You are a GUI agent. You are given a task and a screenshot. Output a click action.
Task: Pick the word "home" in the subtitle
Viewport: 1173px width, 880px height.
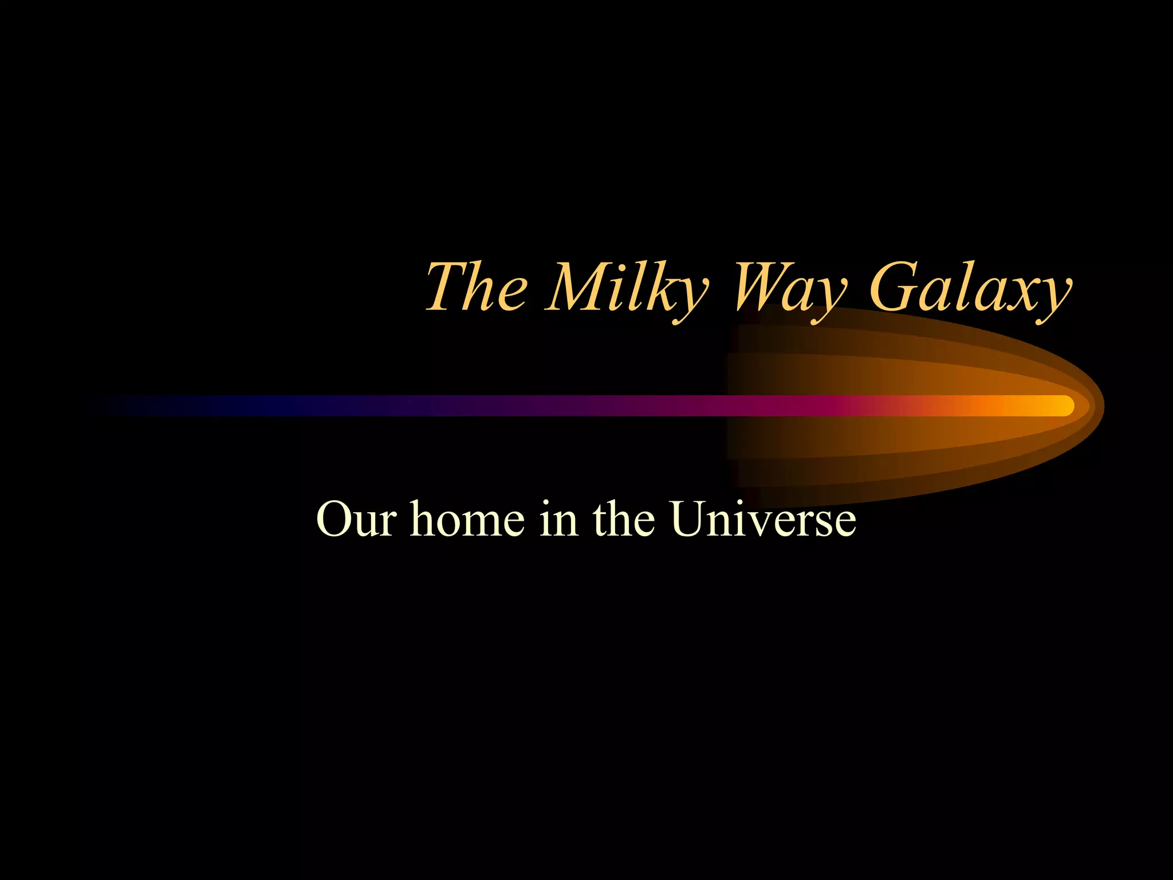[467, 519]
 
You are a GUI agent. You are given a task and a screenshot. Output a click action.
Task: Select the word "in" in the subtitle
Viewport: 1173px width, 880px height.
[558, 519]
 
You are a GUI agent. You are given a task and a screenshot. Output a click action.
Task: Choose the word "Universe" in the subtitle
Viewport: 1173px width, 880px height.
[764, 519]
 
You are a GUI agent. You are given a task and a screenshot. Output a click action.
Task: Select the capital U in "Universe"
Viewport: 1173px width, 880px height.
[691, 519]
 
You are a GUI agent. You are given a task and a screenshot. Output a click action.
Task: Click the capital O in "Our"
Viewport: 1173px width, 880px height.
[334, 519]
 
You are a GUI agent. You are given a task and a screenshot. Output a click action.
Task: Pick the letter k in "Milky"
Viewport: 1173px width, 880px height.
[664, 286]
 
